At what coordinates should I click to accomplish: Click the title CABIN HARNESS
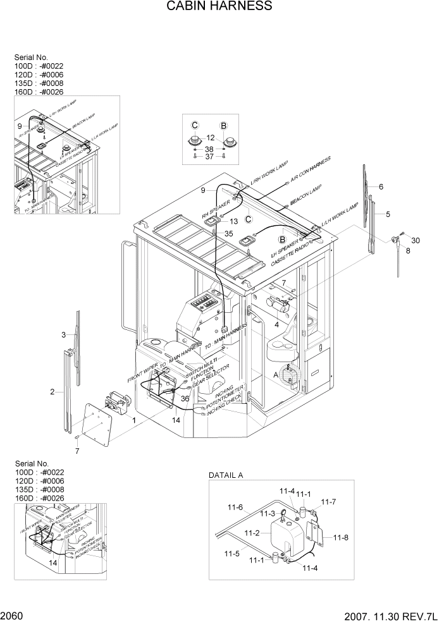click(219, 7)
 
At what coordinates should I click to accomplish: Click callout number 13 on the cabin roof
click(233, 221)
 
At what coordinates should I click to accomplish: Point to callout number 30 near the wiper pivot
click(415, 240)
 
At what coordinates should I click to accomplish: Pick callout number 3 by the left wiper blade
click(64, 334)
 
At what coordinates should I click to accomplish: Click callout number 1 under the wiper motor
click(133, 420)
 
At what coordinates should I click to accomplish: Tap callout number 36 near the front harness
click(185, 399)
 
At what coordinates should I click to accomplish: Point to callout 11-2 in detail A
click(252, 533)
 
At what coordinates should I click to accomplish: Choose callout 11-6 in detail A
click(236, 507)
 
